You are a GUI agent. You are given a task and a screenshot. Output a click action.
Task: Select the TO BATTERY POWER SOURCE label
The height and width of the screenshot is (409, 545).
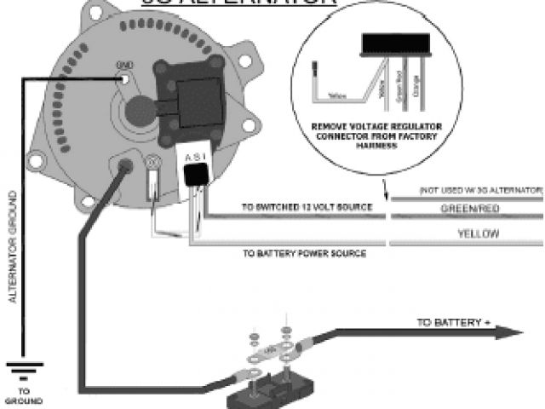[304, 253]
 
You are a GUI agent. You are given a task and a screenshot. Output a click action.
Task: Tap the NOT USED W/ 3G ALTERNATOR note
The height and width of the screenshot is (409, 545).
[480, 187]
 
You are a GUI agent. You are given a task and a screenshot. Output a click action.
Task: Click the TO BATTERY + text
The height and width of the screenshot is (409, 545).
[450, 322]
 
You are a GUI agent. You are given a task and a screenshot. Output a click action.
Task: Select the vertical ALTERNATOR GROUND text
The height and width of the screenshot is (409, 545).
[12, 248]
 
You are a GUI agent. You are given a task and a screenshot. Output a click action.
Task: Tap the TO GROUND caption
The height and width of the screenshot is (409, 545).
[26, 397]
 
